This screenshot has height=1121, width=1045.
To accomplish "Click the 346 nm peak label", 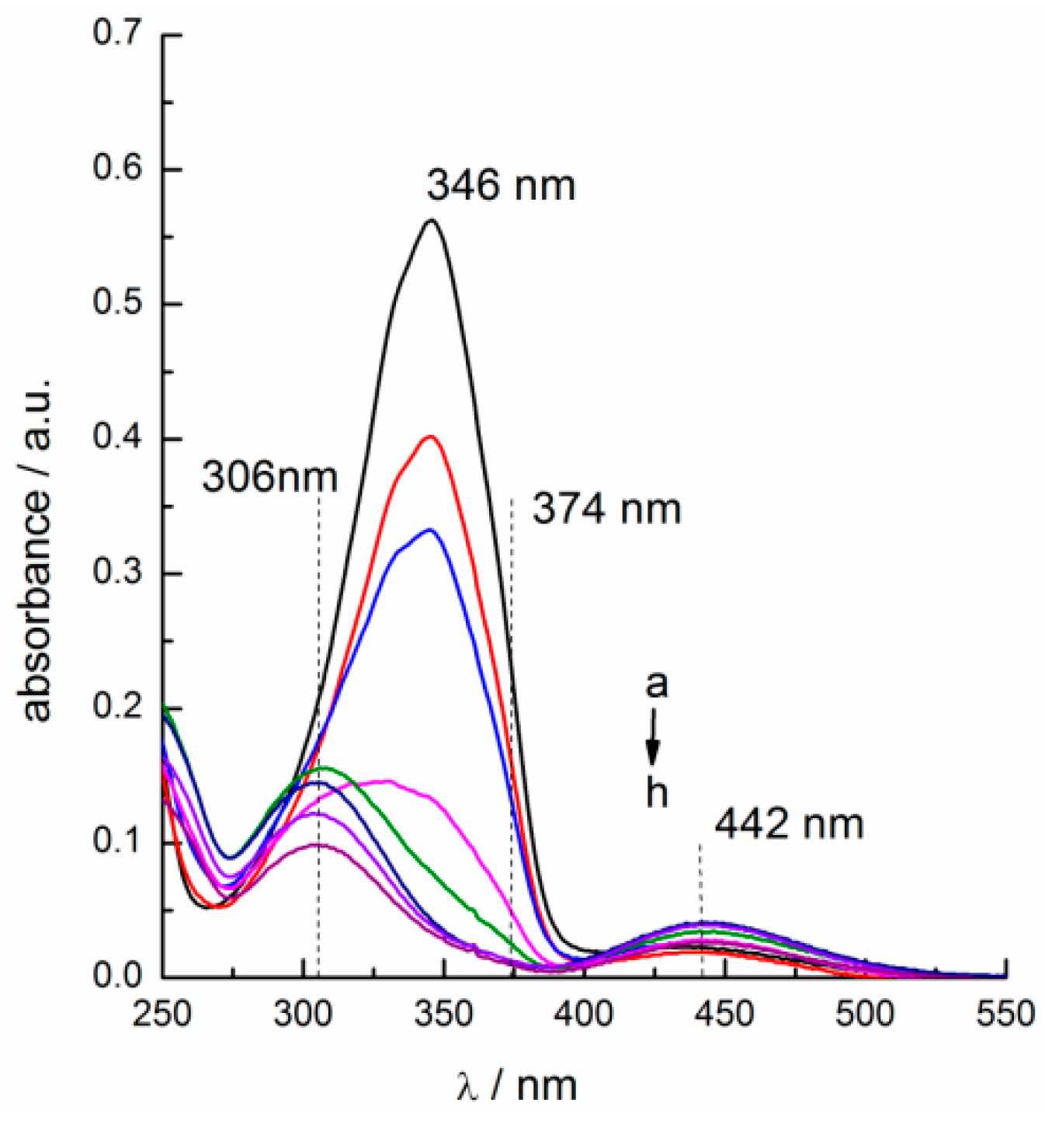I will pos(501,186).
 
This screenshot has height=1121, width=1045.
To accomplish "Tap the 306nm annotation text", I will pos(269,476).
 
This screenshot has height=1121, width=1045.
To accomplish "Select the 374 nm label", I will pos(606,510).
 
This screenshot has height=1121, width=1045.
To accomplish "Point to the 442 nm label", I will pos(789,823).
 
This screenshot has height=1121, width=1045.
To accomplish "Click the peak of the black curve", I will pos(431,221).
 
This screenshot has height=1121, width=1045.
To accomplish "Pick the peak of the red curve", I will pos(431,437).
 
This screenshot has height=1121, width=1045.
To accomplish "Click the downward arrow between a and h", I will pos(654,738).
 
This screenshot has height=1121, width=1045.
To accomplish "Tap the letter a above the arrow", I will pos(656,685).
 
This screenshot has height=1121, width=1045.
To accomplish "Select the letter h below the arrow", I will pos(657,792).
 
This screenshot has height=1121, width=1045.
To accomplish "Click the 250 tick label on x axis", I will pos(162,1014).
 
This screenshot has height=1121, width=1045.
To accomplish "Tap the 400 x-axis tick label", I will pos(584,1014).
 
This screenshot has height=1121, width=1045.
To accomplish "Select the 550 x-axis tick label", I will pos(1005,1014).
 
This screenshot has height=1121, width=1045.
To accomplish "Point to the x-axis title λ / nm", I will pos(516,1085).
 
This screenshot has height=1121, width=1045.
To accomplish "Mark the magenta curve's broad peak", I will pos(386,781).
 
